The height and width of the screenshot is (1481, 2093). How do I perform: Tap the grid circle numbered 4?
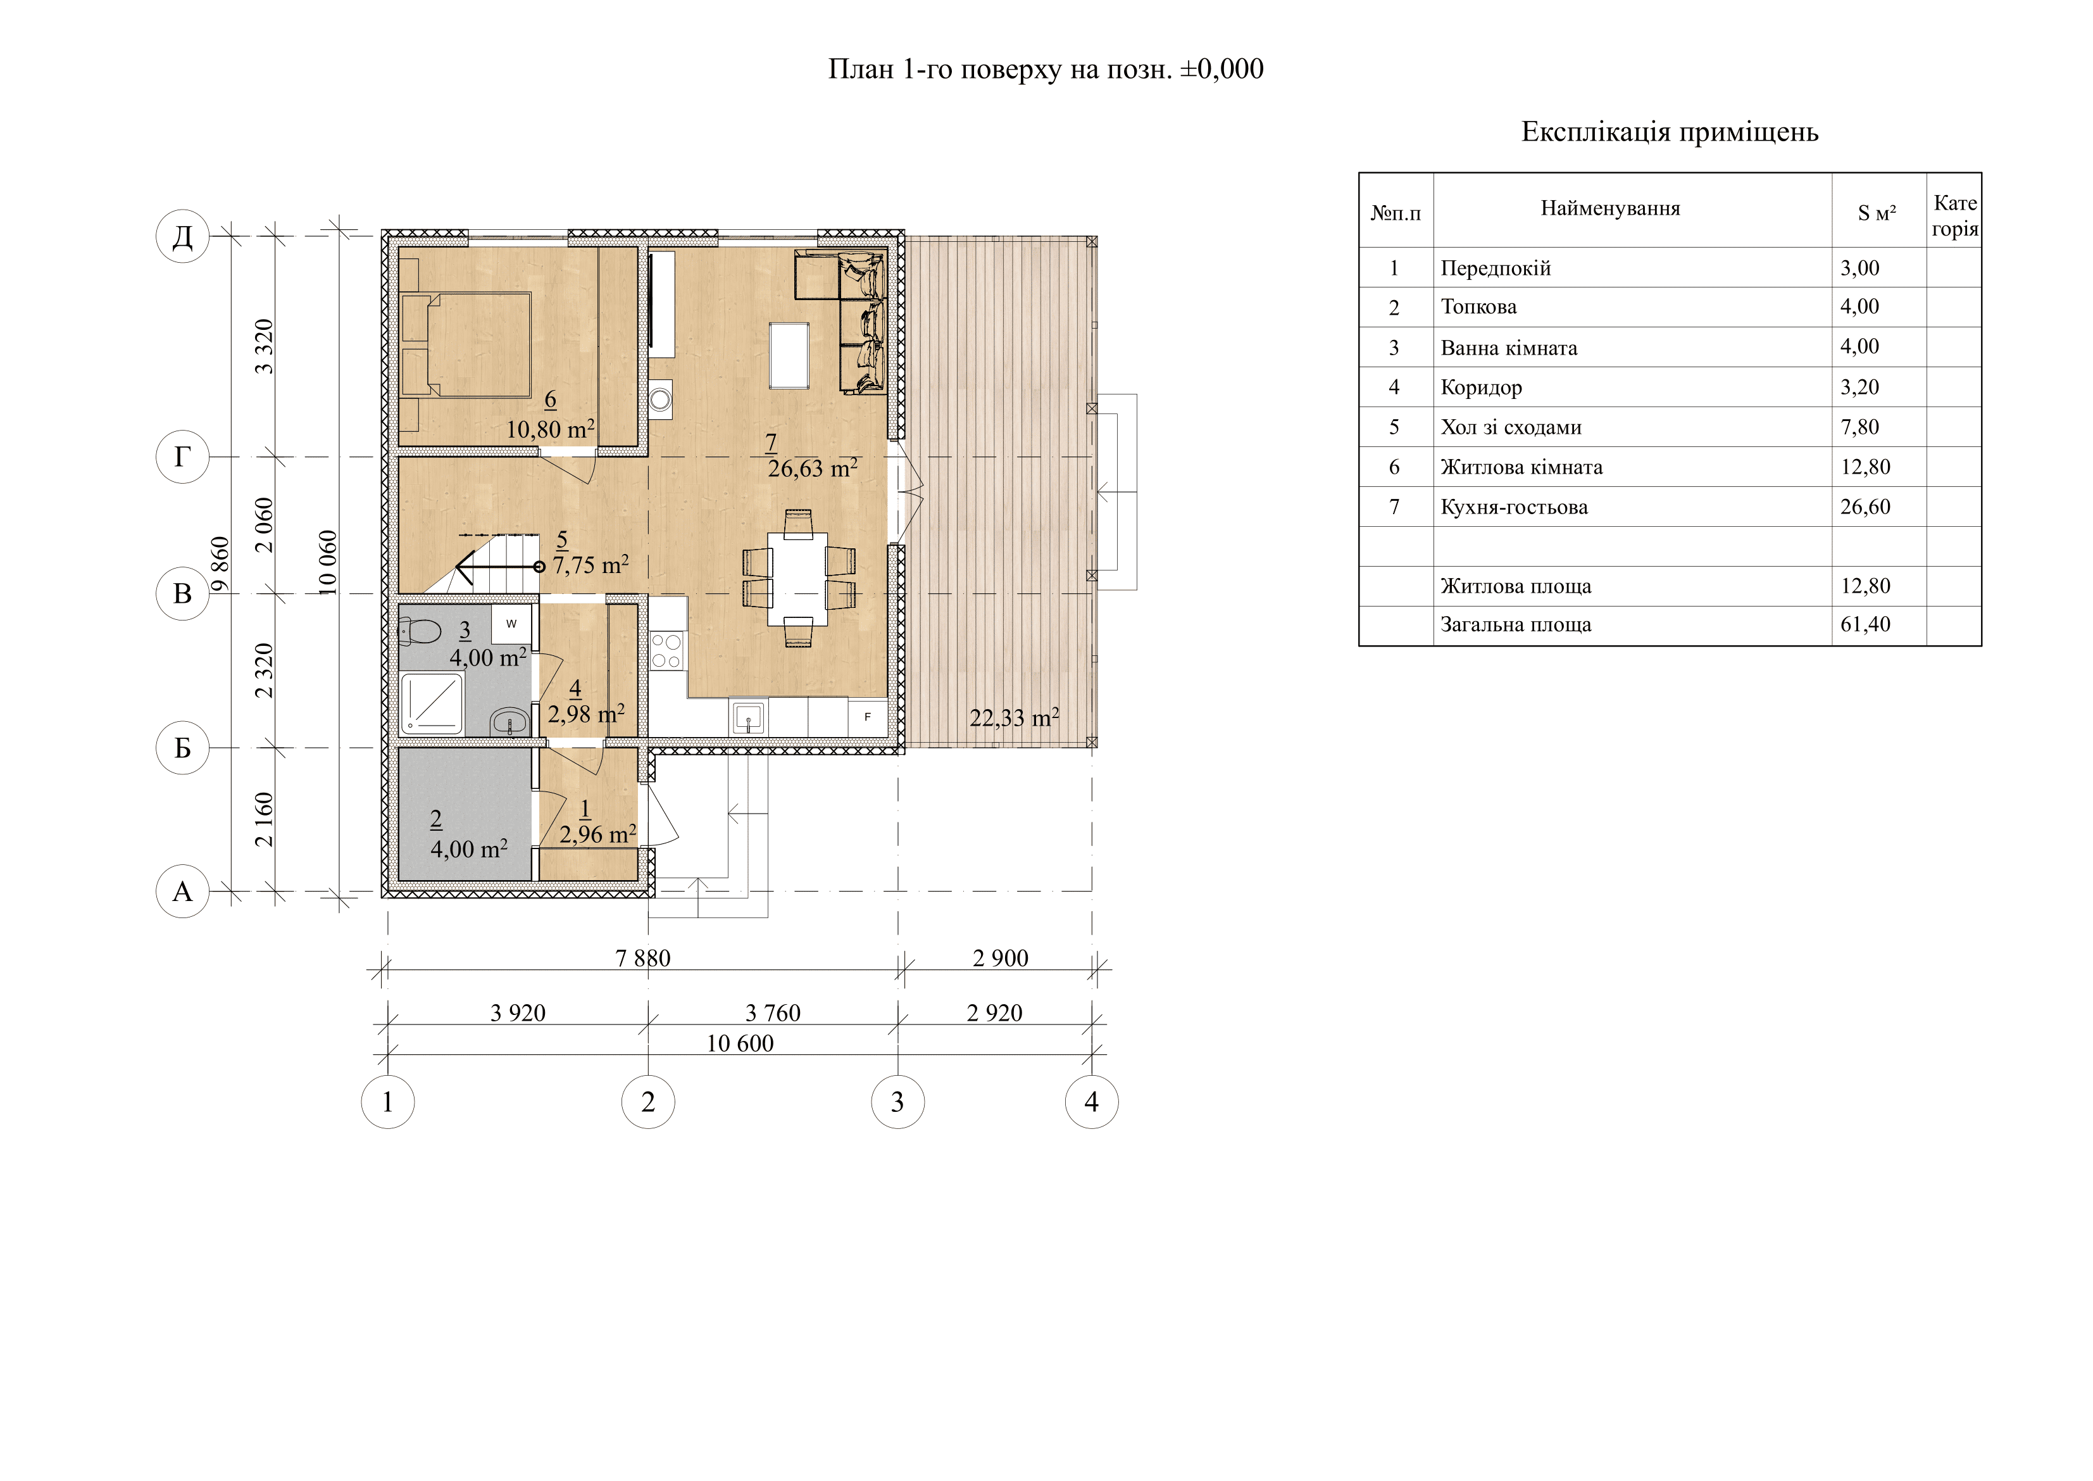click(x=1091, y=1102)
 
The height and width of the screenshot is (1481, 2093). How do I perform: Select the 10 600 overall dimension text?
click(x=739, y=1043)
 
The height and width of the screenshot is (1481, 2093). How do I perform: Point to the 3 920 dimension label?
click(x=518, y=1012)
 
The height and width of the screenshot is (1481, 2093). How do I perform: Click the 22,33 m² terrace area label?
click(x=1014, y=717)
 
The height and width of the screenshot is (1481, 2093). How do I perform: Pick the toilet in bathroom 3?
click(x=420, y=630)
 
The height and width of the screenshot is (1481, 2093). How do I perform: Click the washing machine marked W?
click(x=511, y=624)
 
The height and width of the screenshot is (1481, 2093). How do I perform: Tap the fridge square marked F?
click(x=867, y=717)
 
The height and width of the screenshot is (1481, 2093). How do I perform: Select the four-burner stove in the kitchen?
click(x=666, y=650)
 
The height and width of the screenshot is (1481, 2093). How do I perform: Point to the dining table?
click(x=797, y=579)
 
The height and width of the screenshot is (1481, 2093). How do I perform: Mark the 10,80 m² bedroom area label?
click(x=551, y=429)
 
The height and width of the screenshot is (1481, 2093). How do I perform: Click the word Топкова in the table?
click(x=1478, y=307)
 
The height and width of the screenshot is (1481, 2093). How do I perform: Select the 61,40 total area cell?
click(x=1865, y=625)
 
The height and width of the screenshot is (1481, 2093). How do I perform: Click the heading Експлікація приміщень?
click(x=1669, y=133)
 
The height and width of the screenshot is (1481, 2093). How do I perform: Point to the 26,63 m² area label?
click(x=812, y=469)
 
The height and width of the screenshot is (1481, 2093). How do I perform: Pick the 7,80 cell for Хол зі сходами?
click(x=1859, y=427)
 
